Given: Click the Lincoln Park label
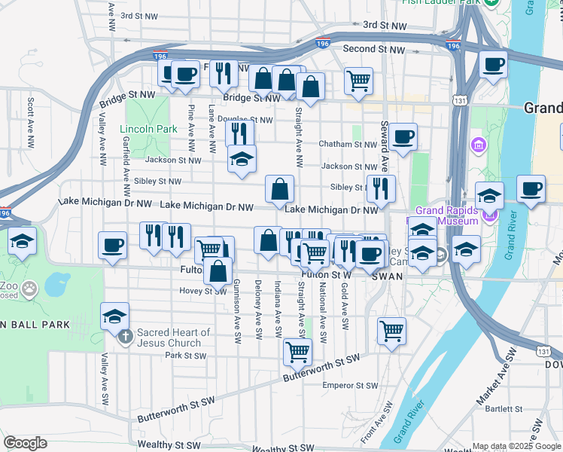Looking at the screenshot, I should (148, 129).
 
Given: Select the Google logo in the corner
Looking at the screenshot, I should (26, 443).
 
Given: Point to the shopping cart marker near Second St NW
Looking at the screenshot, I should (359, 79).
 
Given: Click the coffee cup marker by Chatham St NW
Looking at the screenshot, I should (403, 136).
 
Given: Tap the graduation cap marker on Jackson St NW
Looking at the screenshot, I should (242, 159).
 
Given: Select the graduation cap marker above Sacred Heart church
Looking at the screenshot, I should (115, 316).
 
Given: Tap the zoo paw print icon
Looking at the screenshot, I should (29, 288).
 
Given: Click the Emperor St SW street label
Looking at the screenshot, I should (349, 386).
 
